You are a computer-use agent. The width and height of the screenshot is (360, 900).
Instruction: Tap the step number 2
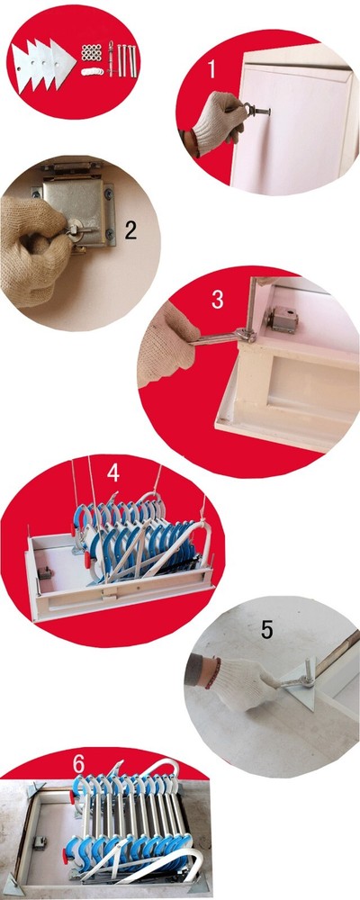point(130,230)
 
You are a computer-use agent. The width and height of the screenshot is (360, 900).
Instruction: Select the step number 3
point(217,298)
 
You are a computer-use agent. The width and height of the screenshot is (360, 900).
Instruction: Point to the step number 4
point(112,471)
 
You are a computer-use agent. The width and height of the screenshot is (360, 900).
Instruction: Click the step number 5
point(266,629)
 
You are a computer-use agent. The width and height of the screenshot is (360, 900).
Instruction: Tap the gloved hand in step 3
point(168,345)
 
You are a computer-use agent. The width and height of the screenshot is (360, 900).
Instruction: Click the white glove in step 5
point(243,684)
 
